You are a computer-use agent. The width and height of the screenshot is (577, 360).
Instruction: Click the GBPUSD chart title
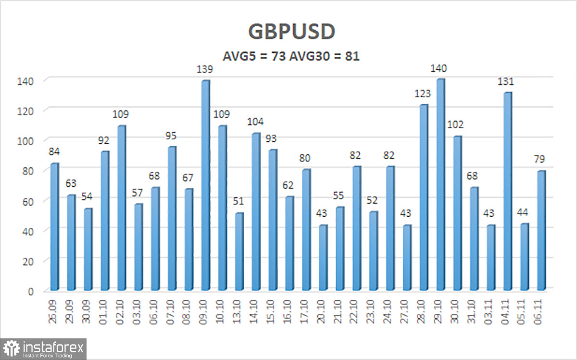[x=291, y=32]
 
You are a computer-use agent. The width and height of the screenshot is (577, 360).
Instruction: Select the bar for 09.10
[x=205, y=185]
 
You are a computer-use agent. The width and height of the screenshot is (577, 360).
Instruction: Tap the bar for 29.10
[x=440, y=185]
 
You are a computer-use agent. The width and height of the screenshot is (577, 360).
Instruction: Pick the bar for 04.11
[x=507, y=191]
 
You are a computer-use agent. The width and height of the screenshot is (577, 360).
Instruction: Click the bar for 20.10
[x=323, y=258]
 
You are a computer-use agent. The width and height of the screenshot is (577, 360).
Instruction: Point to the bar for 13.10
[x=239, y=251]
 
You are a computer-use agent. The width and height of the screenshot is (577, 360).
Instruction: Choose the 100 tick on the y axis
[x=30, y=141]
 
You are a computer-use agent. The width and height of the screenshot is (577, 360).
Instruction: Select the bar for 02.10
[x=122, y=208]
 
